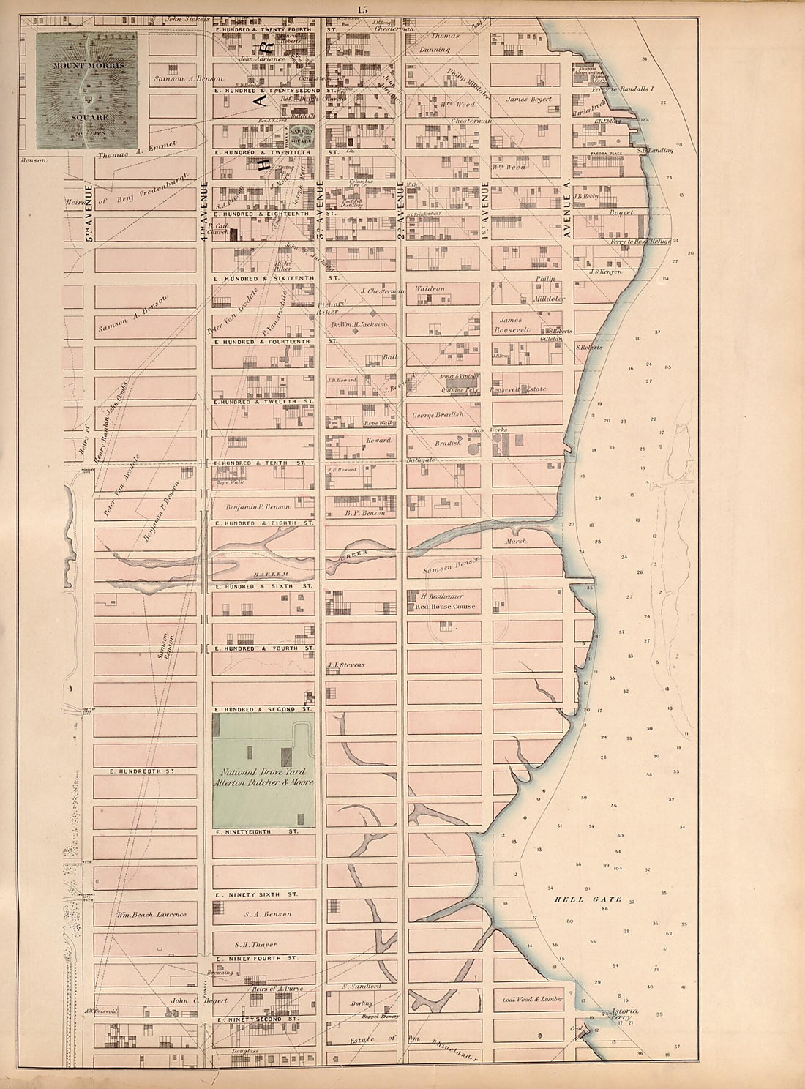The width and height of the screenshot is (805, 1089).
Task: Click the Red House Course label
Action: (x=445, y=606)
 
